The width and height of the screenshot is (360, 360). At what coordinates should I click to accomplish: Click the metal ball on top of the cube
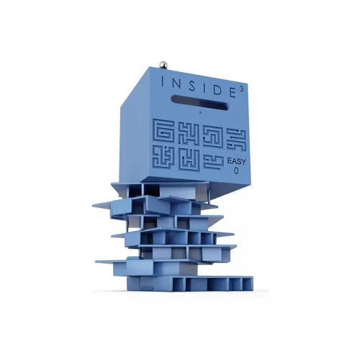[x=162, y=65]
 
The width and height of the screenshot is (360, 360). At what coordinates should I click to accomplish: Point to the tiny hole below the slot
[x=202, y=112]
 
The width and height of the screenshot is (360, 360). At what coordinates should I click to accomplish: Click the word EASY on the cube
[x=237, y=161]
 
